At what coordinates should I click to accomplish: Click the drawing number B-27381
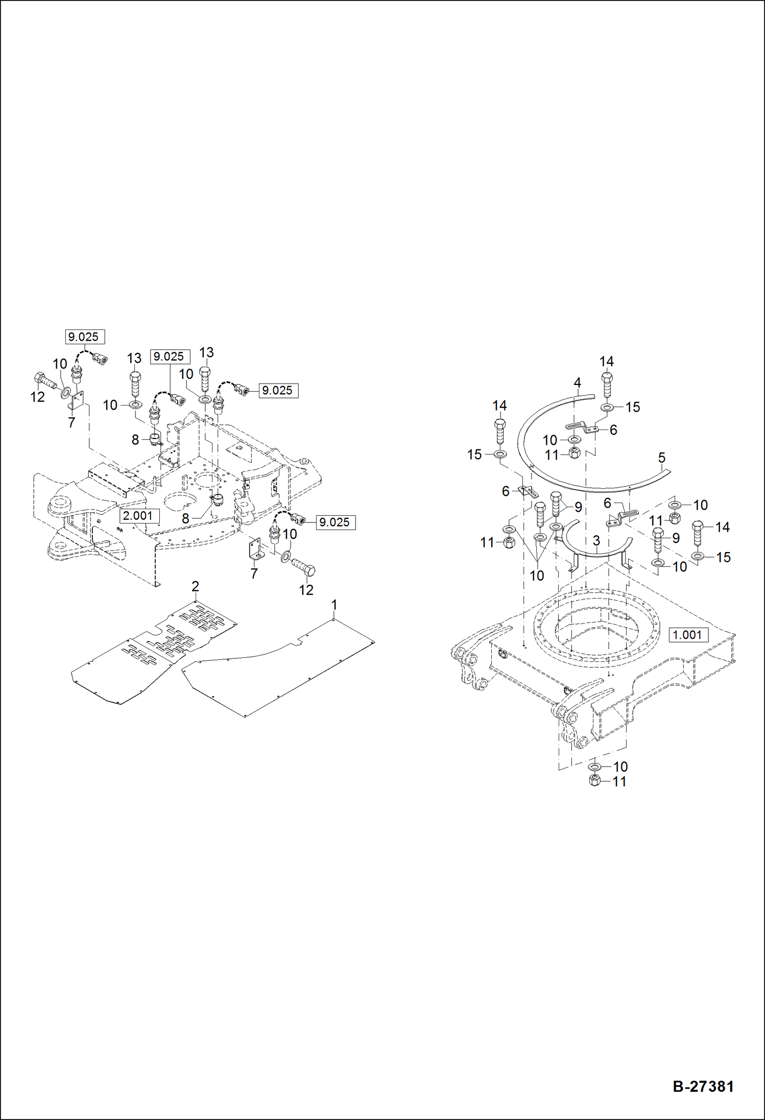click(703, 1086)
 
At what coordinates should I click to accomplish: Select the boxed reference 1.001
click(687, 635)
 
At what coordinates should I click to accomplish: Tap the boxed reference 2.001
click(138, 515)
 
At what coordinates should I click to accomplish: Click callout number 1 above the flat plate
click(334, 605)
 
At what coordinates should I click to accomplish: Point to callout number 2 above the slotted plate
click(195, 586)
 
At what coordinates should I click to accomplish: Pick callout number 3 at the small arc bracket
click(596, 540)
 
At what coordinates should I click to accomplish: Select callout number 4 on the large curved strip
click(577, 383)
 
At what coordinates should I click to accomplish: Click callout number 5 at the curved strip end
click(662, 458)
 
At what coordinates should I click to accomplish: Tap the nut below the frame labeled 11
click(594, 781)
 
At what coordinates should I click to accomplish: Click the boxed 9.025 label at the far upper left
click(84, 337)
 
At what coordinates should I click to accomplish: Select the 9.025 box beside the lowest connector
click(334, 522)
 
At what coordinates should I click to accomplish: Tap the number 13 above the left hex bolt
click(134, 358)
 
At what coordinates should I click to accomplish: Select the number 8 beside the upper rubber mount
click(135, 440)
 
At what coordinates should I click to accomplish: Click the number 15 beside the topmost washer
click(632, 407)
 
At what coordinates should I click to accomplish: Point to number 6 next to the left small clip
click(506, 491)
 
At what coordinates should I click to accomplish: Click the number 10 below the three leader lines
click(536, 576)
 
